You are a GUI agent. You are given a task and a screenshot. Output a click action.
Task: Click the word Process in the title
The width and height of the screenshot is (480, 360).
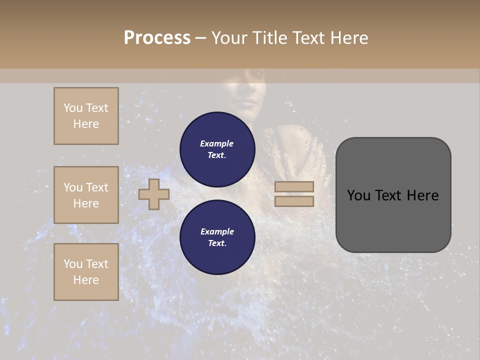click(157, 38)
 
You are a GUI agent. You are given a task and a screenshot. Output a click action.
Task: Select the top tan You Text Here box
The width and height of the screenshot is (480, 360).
click(86, 116)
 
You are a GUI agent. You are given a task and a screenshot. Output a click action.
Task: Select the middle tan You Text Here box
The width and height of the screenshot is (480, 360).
click(86, 195)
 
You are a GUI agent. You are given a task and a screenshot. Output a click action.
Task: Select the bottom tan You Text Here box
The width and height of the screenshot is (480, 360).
click(86, 272)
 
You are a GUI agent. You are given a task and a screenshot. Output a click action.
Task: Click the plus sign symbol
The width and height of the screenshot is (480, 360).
click(154, 194)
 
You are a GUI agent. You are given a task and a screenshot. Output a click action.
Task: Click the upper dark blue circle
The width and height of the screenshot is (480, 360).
click(217, 149)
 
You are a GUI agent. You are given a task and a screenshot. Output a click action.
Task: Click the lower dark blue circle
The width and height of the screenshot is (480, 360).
click(217, 237)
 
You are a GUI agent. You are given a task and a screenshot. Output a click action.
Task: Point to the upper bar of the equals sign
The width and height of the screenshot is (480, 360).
click(294, 187)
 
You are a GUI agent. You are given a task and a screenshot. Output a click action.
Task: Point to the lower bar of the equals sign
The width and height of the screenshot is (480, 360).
click(294, 201)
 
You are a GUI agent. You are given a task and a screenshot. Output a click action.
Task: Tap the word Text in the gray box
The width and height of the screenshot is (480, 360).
click(393, 195)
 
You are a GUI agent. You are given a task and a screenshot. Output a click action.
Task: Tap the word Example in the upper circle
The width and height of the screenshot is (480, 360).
click(217, 143)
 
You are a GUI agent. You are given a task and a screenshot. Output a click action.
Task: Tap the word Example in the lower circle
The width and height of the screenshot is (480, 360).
click(217, 231)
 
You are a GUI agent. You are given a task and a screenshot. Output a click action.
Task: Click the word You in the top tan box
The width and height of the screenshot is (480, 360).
click(73, 108)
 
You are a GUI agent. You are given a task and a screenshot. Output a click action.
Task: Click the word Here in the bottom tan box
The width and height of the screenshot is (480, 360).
click(86, 280)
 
